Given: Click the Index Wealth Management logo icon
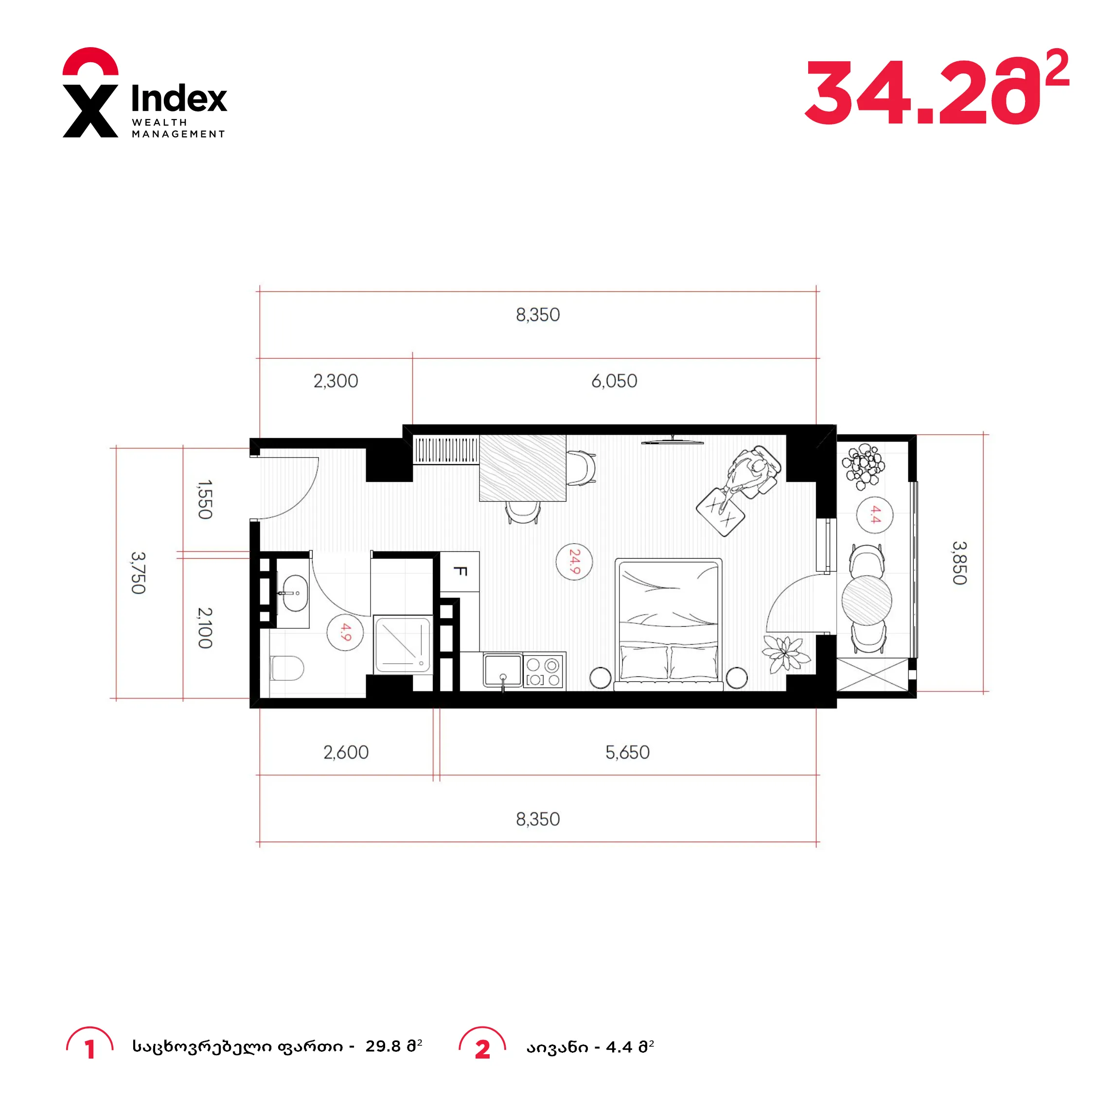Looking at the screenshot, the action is pyautogui.click(x=90, y=92).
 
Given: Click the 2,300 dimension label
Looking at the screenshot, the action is pyautogui.click(x=336, y=381).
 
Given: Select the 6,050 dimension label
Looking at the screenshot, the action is pyautogui.click(x=614, y=381).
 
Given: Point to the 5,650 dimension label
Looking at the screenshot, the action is pyautogui.click(x=627, y=752).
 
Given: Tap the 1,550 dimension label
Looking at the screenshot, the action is pyautogui.click(x=205, y=499).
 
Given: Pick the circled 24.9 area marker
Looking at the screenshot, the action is pyautogui.click(x=574, y=562).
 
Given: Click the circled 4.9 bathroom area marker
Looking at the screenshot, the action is pyautogui.click(x=345, y=633).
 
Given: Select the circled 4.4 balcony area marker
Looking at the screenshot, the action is pyautogui.click(x=875, y=515).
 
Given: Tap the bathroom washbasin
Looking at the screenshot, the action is pyautogui.click(x=295, y=593).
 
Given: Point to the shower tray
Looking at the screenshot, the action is pyautogui.click(x=403, y=645).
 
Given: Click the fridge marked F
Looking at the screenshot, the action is pyautogui.click(x=460, y=571).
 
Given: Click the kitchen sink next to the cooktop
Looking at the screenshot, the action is pyautogui.click(x=503, y=670).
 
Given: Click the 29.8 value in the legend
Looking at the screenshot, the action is pyautogui.click(x=383, y=1046).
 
